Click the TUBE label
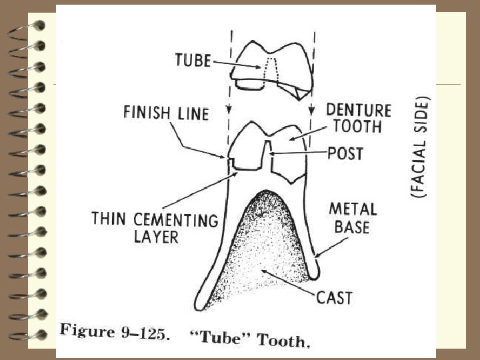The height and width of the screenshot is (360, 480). tap(193, 60)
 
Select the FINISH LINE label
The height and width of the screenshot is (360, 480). tap(166, 113)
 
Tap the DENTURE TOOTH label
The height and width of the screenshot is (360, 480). tap(358, 118)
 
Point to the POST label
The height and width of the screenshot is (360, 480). tap(345, 153)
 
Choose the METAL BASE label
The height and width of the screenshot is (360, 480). tap(353, 218)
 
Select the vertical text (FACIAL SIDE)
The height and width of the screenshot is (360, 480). tap(419, 146)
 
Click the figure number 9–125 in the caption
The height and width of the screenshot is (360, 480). tap(143, 335)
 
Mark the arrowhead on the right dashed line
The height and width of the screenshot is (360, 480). tap(311, 111)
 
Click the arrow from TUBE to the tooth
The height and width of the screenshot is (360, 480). tap(237, 64)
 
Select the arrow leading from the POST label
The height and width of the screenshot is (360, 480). tap(297, 153)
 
